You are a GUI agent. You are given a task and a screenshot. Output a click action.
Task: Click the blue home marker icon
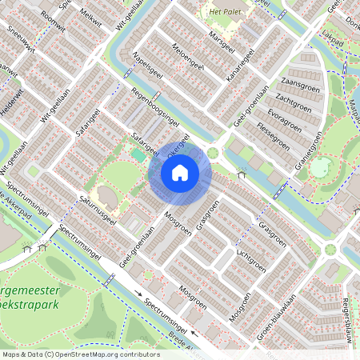tap(180, 172)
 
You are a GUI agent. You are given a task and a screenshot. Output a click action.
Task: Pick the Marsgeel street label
tap(218, 40)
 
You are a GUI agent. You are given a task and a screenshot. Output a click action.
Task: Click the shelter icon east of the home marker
tap(242, 174)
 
